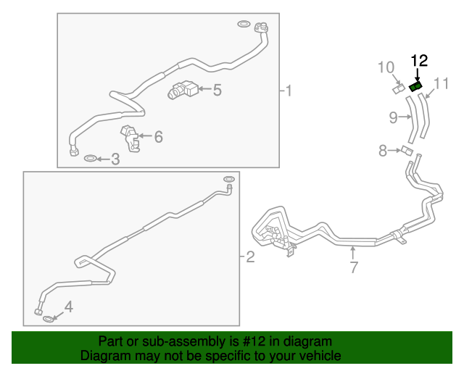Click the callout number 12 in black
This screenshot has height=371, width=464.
419,61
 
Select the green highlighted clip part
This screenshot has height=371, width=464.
415,87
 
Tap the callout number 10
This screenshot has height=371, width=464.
386,67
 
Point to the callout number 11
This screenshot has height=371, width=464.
442,84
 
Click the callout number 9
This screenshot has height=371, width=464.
393,117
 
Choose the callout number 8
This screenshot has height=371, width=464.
383,151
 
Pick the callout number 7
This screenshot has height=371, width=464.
354,267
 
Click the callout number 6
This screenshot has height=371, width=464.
159,137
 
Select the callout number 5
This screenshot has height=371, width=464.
217,90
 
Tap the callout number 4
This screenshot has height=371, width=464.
69,307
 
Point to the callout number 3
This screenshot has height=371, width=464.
115,159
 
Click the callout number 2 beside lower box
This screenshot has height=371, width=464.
250,257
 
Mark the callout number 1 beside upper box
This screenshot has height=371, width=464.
289,91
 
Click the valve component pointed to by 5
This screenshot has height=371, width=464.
183,90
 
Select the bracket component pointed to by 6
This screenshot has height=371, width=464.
130,138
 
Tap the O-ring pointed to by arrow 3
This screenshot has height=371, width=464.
90,159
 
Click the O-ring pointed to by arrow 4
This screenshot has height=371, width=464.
49,320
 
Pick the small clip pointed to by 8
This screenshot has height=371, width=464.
407,150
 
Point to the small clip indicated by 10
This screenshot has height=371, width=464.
399,88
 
